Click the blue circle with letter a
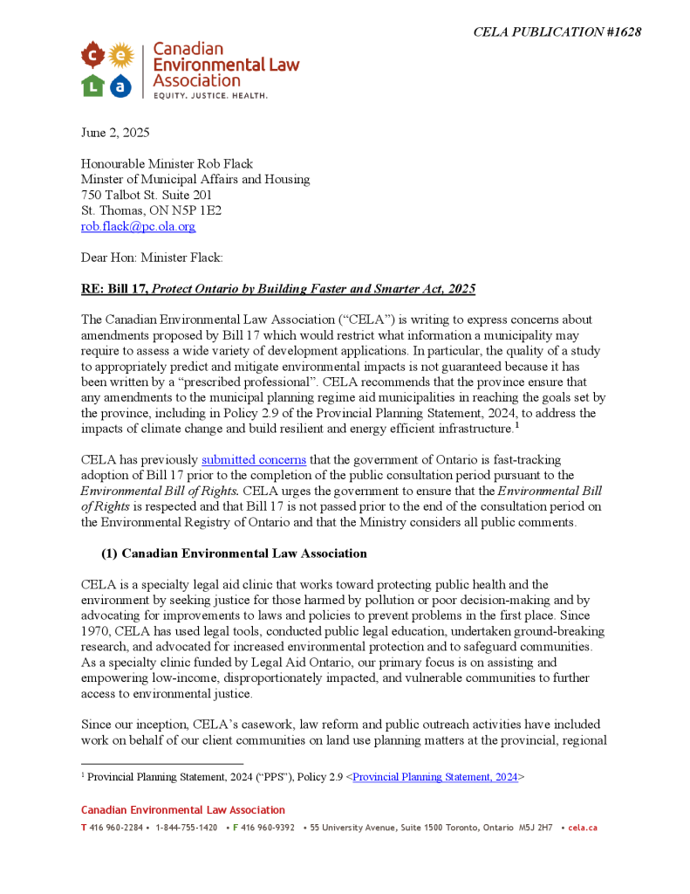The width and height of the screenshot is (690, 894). coord(120,86)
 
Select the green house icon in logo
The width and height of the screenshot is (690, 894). coord(93,86)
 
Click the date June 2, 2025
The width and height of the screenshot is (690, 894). coord(115,133)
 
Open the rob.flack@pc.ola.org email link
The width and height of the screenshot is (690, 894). coord(138,226)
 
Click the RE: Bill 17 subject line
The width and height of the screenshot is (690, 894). coord(278,289)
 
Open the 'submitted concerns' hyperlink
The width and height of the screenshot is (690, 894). coord(254,459)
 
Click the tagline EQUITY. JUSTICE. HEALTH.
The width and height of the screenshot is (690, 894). coord(210,94)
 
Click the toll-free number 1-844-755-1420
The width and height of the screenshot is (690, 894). coord(187,827)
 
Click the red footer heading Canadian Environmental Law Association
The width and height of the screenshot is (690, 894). coord(183,810)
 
